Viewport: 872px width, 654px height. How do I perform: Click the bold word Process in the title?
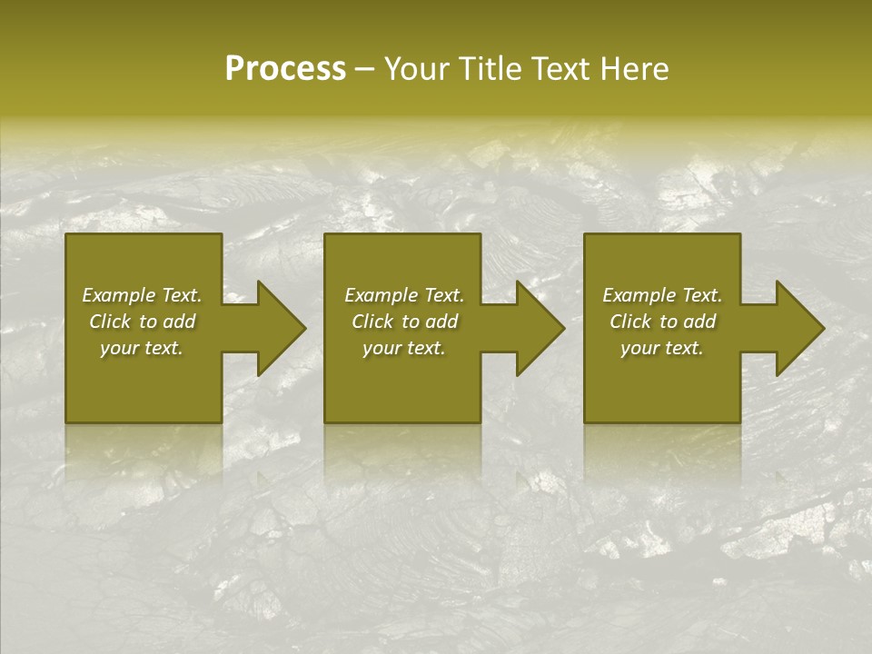[285, 69]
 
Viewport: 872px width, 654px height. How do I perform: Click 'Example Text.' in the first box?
[142, 295]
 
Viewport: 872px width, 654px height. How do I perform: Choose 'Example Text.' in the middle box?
[404, 295]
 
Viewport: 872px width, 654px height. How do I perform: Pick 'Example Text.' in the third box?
[662, 295]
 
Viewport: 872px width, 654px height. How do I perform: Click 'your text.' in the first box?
[142, 348]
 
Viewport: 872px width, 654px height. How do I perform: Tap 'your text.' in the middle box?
[404, 348]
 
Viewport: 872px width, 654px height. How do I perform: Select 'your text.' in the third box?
[662, 348]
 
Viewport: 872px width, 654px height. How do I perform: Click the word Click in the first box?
[110, 322]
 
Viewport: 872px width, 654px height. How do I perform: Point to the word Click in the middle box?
[372, 322]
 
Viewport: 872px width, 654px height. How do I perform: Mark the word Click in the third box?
[630, 322]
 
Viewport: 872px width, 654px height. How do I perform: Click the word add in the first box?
[178, 322]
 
